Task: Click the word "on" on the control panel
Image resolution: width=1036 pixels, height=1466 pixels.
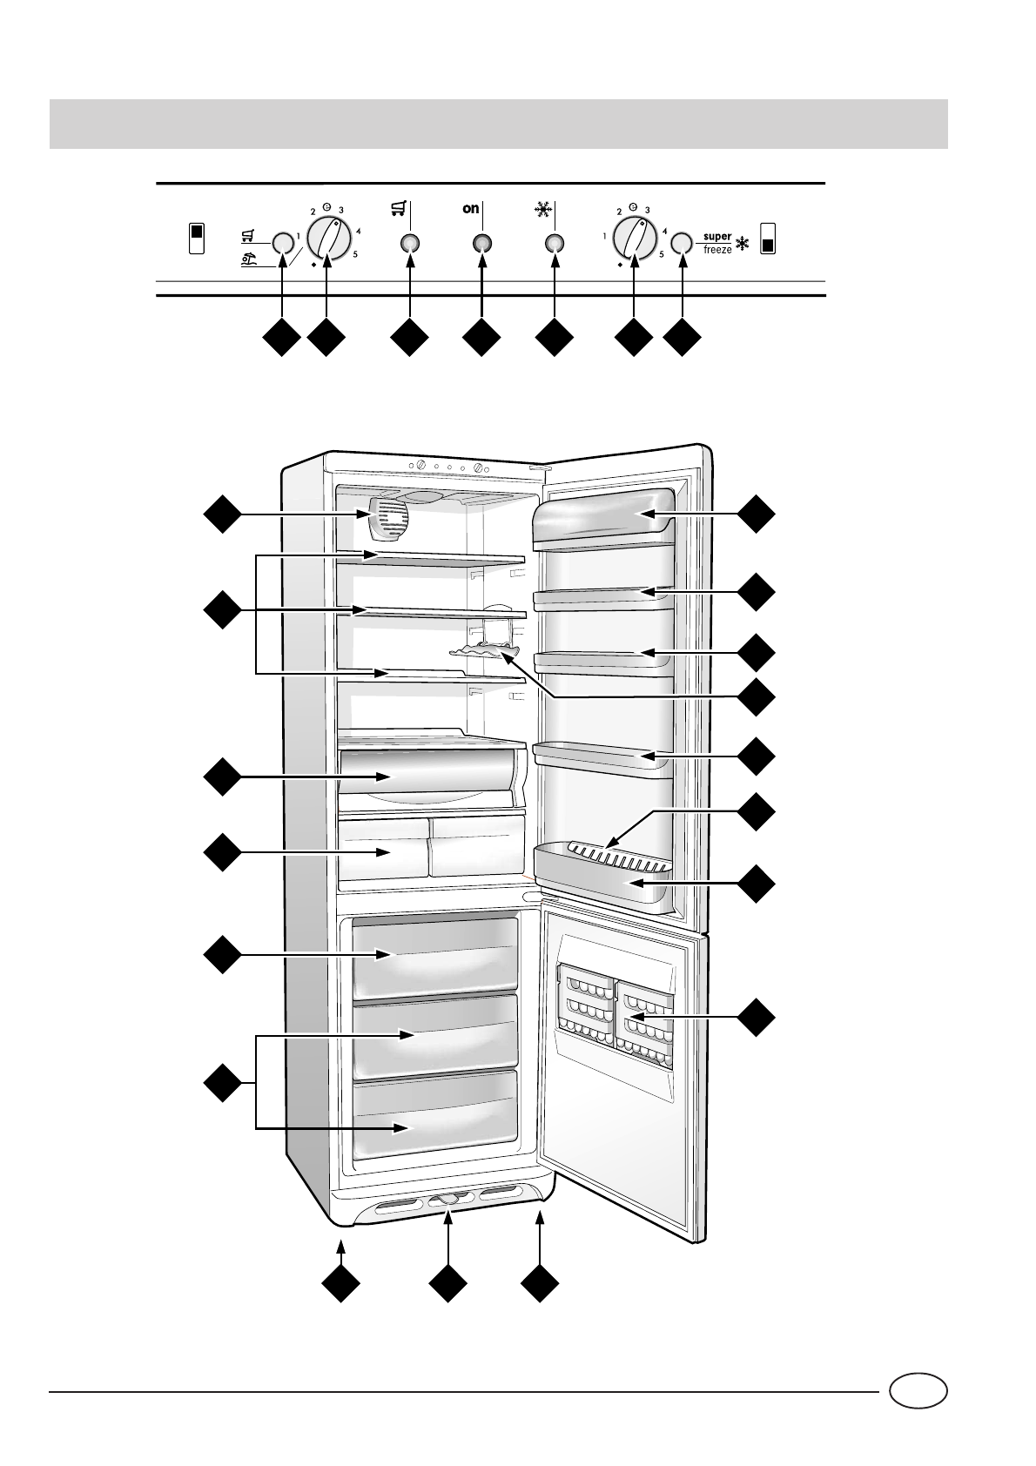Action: (471, 209)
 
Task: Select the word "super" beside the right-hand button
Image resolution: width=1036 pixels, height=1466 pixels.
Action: (717, 237)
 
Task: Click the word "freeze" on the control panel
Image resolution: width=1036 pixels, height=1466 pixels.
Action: (717, 250)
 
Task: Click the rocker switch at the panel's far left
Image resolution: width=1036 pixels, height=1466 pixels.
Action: (197, 238)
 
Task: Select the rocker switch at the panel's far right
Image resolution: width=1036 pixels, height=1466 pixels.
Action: (767, 238)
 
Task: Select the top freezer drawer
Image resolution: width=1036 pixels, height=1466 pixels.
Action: (434, 955)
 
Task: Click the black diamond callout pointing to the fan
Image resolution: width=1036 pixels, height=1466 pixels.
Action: (222, 514)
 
